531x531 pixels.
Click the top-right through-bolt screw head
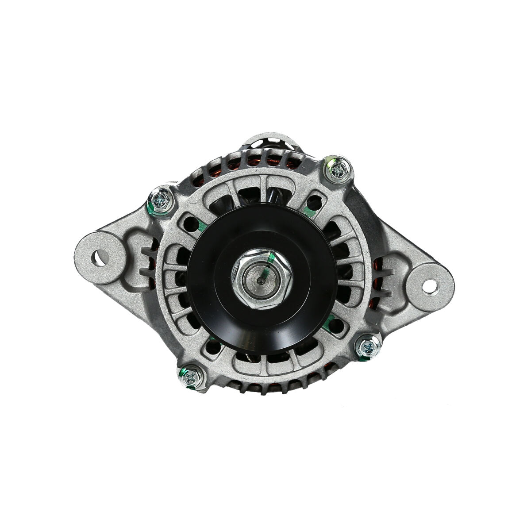coord(339,169)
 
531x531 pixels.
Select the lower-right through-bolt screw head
coord(367,347)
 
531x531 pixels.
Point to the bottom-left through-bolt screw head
coord(191,377)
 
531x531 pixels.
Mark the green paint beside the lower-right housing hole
coord(326,327)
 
